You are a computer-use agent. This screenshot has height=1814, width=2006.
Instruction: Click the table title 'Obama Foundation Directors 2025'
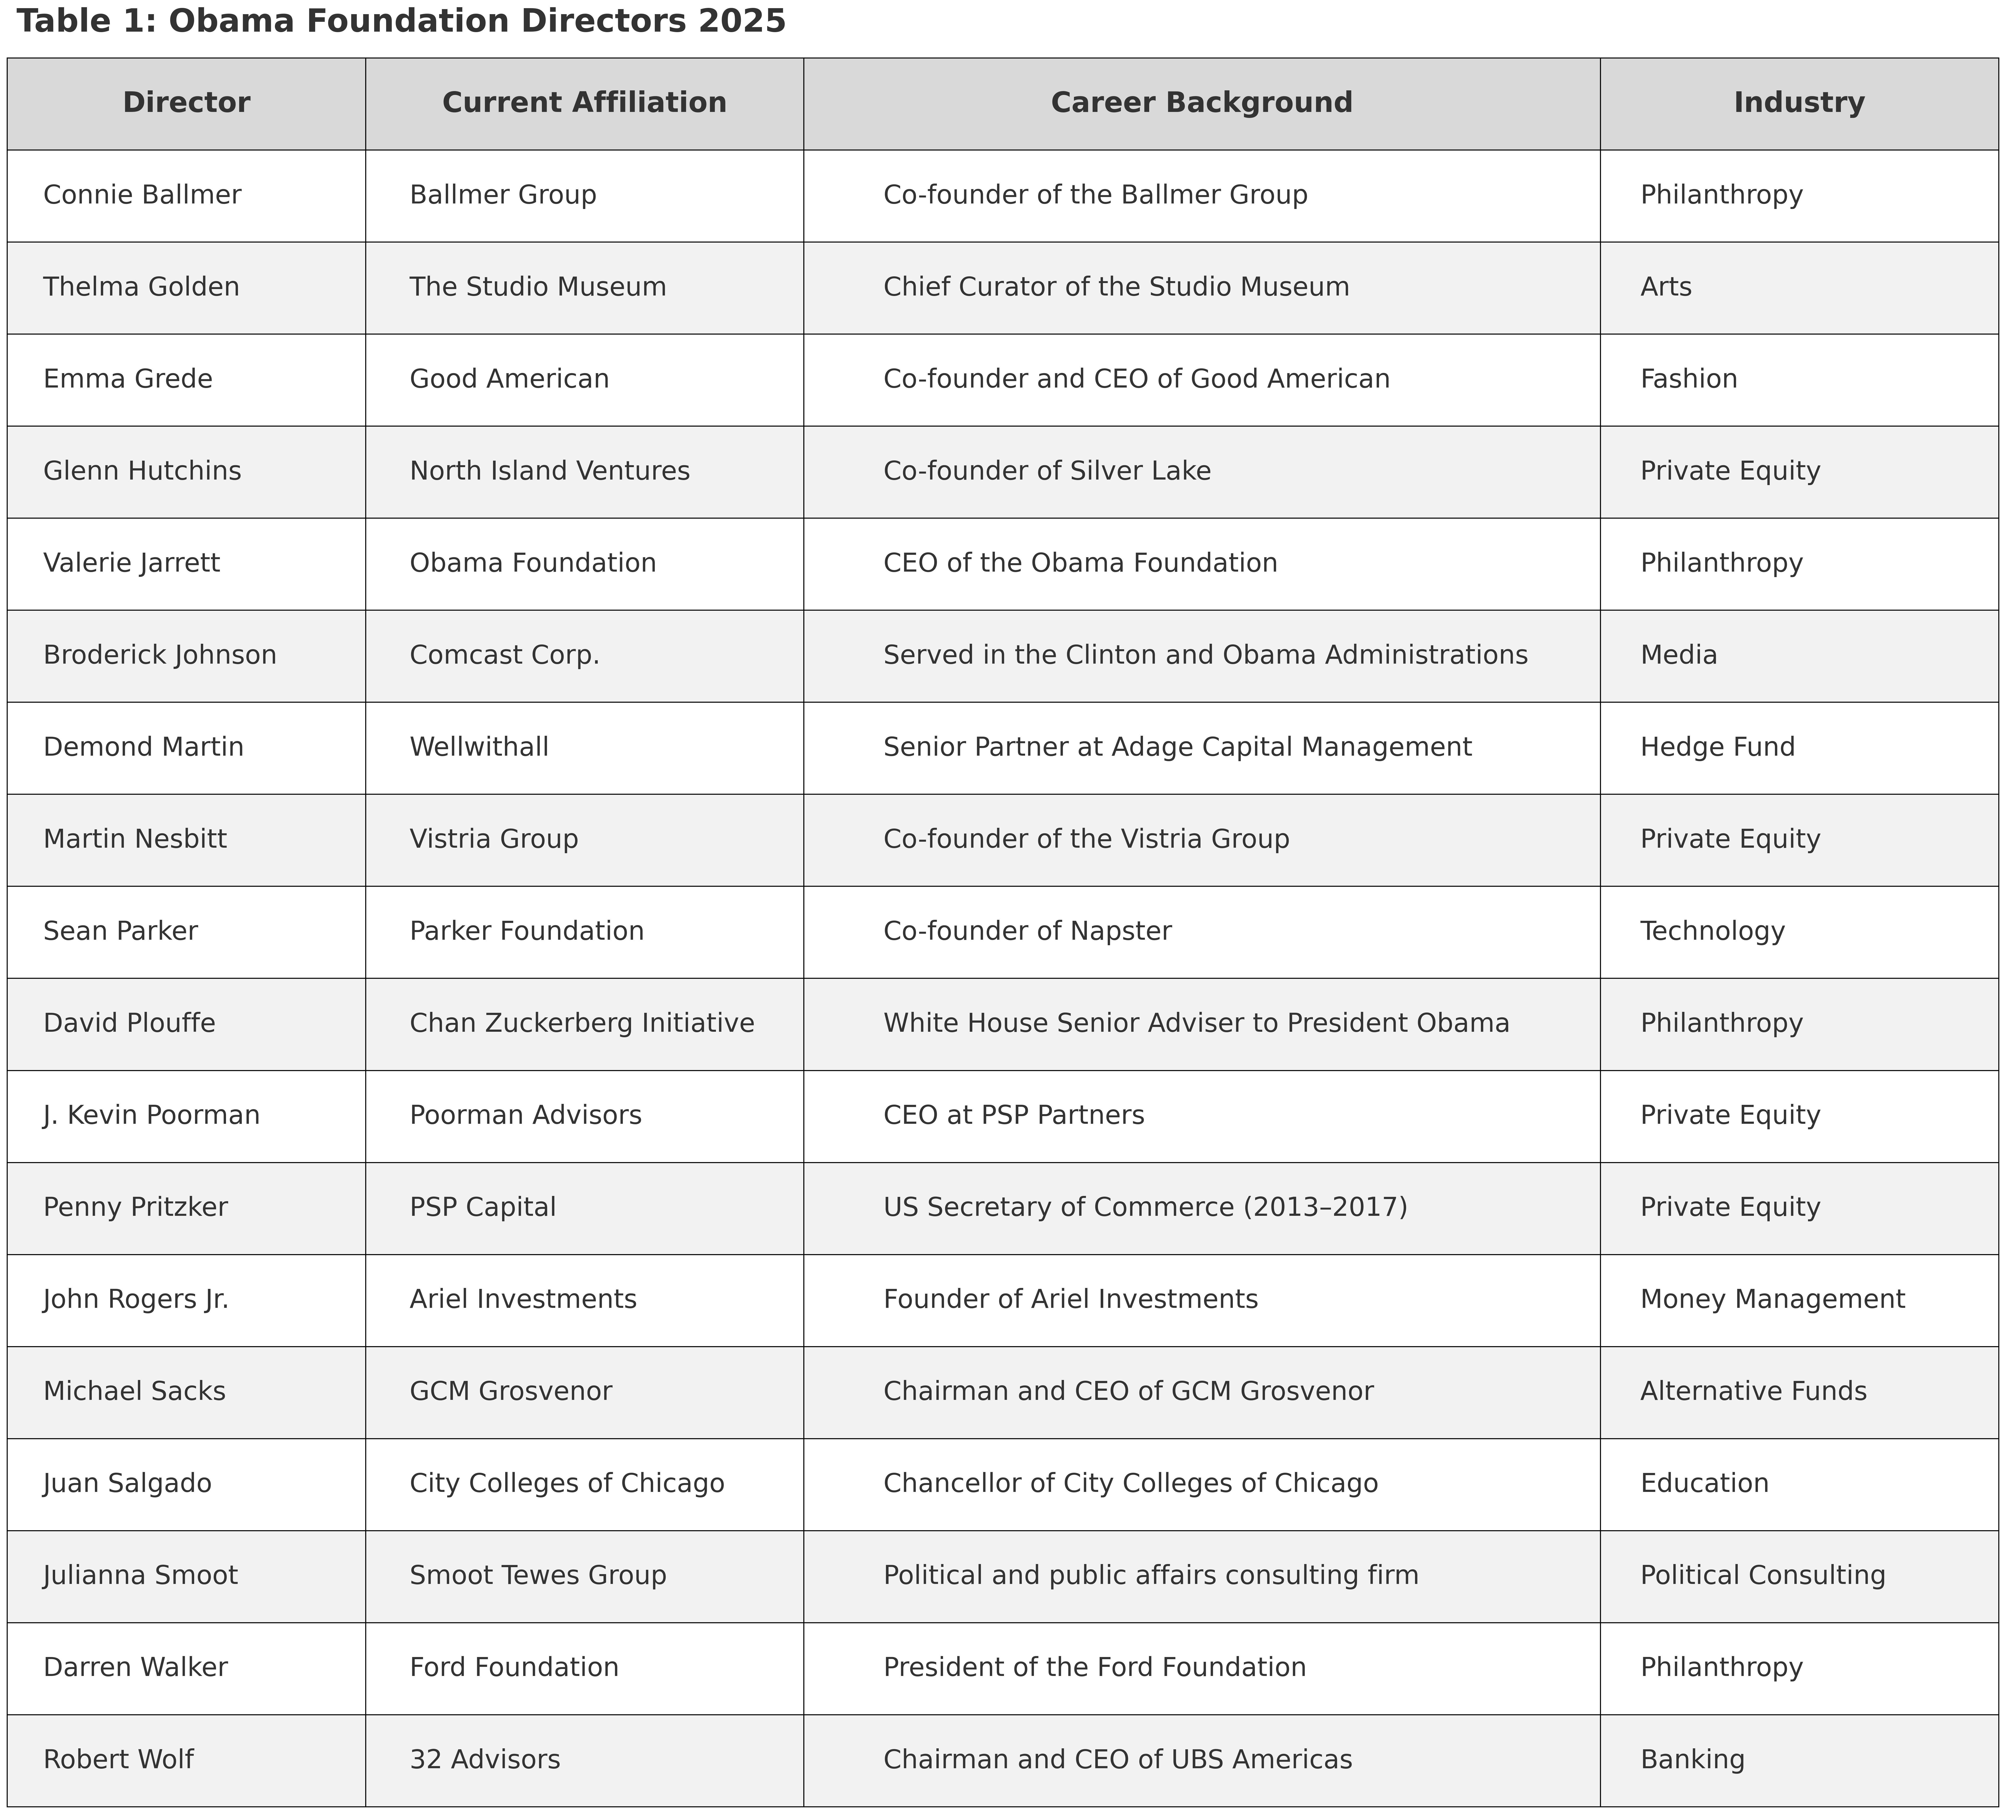click(x=401, y=21)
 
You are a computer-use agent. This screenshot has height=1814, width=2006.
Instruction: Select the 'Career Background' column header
click(x=1201, y=103)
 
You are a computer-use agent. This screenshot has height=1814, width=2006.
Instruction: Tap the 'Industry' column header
click(x=1798, y=103)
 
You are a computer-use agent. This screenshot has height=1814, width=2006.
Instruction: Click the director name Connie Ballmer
click(x=142, y=195)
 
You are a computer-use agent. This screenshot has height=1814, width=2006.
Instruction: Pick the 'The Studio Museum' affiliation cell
click(x=537, y=287)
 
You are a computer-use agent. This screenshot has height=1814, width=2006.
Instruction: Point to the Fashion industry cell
click(x=1689, y=379)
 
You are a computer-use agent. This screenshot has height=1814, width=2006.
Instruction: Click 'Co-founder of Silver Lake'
click(x=1047, y=471)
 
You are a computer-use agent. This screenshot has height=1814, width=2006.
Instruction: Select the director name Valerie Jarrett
click(x=131, y=563)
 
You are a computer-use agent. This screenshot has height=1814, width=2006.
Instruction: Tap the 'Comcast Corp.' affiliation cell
click(x=504, y=655)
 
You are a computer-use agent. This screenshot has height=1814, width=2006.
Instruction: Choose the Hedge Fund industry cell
click(x=1717, y=747)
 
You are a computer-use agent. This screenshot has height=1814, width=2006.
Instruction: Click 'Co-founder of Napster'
click(x=1027, y=931)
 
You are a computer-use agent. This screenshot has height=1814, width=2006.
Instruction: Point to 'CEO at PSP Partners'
click(x=1014, y=1115)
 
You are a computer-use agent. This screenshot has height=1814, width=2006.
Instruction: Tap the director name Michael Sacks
click(x=134, y=1391)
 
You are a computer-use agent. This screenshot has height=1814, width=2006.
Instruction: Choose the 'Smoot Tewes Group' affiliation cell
click(x=537, y=1575)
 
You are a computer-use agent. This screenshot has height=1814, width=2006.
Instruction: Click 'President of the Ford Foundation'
click(x=1095, y=1668)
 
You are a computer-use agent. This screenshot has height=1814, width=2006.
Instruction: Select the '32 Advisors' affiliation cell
click(x=485, y=1759)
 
